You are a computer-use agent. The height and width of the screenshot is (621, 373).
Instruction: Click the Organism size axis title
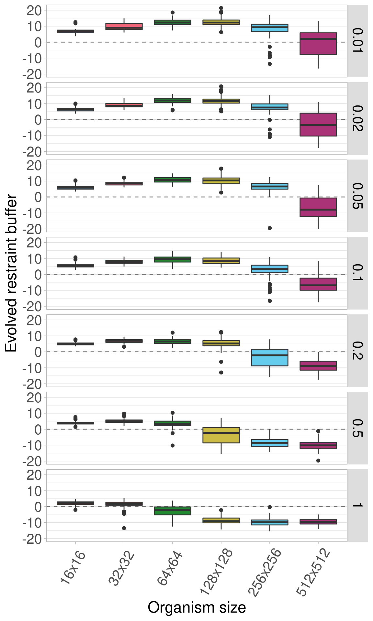pos(197,607)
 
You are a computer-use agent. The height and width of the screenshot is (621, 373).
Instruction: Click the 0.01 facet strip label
pos(357,41)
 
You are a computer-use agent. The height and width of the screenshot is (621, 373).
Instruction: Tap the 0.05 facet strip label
pos(357,196)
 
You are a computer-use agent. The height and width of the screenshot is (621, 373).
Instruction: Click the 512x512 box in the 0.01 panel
pos(318,44)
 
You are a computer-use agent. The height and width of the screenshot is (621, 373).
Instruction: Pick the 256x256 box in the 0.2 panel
pos(270,357)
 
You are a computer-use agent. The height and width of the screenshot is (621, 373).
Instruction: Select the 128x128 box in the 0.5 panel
pos(221,435)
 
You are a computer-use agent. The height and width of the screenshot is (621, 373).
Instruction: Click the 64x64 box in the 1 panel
pos(173,511)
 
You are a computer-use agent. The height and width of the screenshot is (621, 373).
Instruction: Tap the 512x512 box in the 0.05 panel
pos(318,207)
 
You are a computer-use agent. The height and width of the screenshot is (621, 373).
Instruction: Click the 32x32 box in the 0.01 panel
pos(124,27)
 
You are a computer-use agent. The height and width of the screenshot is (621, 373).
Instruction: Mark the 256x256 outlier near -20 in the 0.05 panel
pos(270,228)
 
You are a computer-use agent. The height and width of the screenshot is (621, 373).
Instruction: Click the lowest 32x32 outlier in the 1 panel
pos(124,528)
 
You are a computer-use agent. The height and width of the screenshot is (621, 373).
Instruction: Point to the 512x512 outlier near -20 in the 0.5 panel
pos(318,461)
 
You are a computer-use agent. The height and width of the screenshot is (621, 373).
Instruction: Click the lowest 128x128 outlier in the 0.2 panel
pos(221,373)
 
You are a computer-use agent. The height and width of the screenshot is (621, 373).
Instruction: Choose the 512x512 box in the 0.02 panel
pos(318,125)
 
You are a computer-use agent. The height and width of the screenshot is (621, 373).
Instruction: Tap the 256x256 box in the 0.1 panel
pos(270,269)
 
